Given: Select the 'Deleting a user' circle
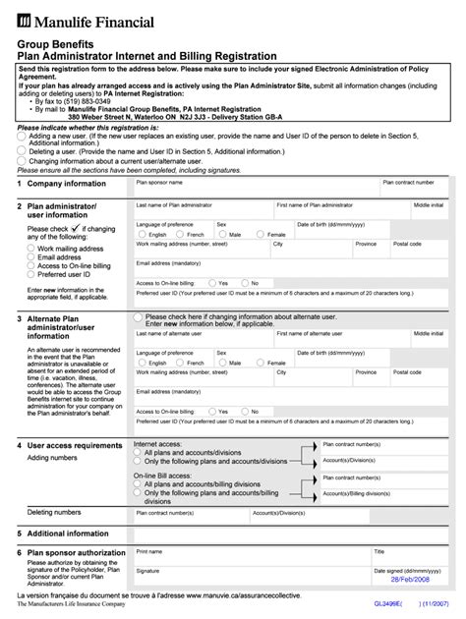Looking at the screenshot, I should point(23,152).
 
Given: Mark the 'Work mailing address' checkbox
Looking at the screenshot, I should point(29,250).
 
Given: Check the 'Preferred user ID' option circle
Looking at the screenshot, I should point(29,276).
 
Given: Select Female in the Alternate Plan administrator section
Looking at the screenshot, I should point(262,363).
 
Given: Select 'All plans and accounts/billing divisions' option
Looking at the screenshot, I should point(138,484).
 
